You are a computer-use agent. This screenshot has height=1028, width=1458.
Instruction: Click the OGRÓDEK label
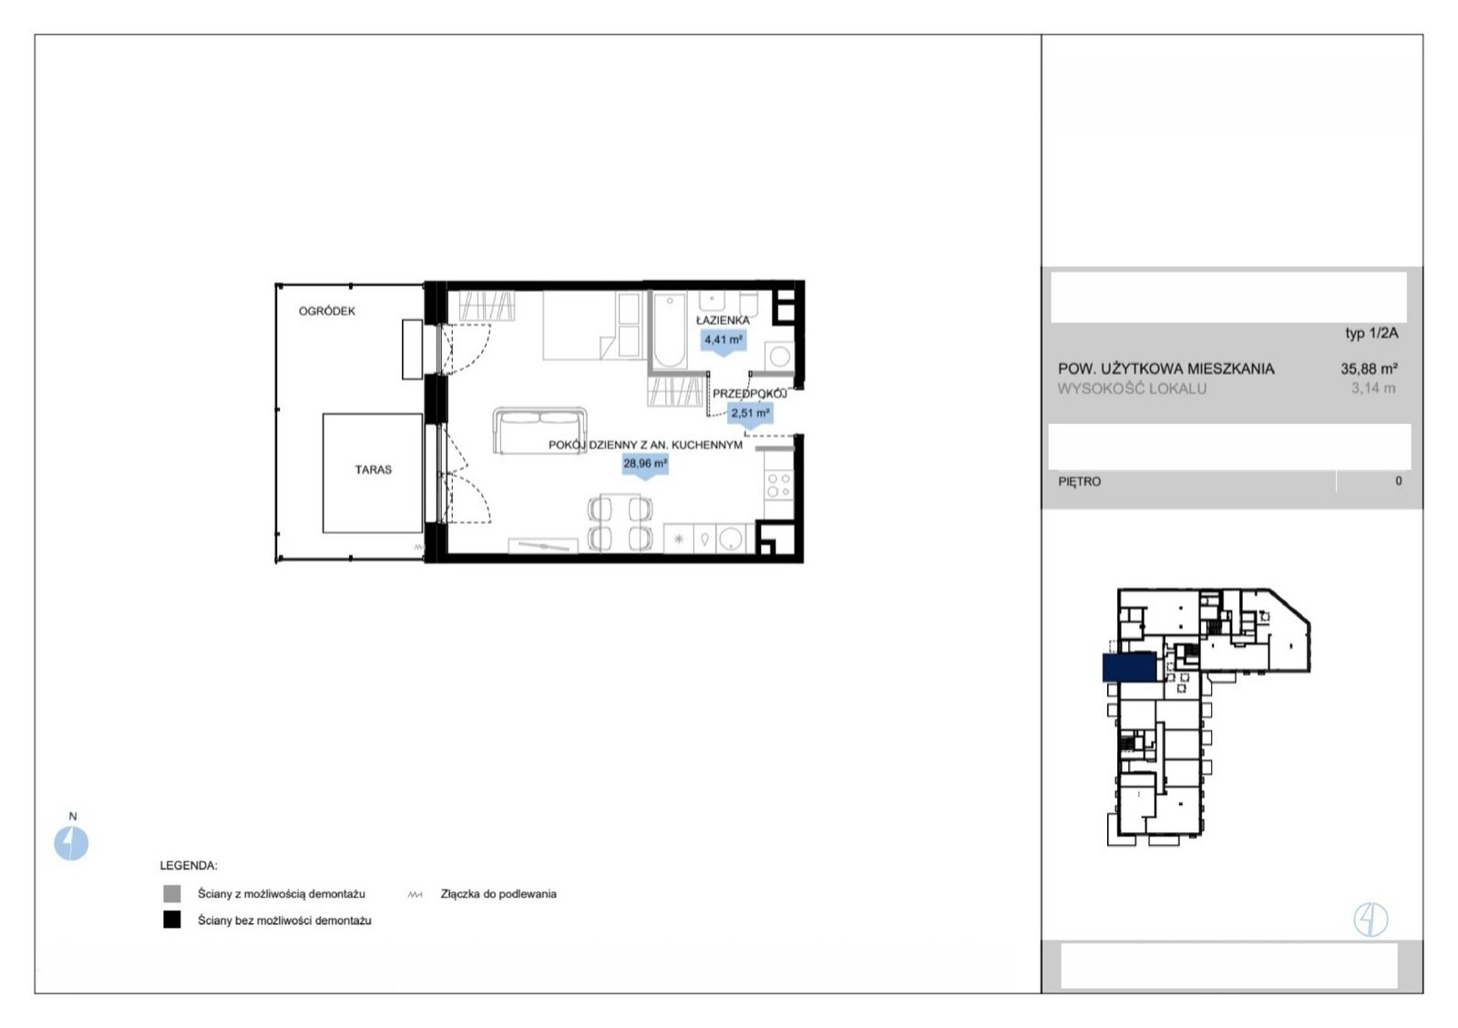pos(327,311)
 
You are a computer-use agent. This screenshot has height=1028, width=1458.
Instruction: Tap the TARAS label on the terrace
pos(373,469)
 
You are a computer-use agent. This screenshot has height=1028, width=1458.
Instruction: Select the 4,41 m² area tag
pos(724,340)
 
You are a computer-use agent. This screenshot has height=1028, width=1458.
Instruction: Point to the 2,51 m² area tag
pos(750,414)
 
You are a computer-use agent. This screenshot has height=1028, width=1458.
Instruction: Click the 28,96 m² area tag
pos(645,464)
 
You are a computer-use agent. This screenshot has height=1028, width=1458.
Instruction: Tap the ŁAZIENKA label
pos(723,320)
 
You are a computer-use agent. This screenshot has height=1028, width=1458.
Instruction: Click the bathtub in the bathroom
pos(670,331)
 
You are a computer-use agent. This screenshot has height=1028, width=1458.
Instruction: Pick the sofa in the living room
pos(539,430)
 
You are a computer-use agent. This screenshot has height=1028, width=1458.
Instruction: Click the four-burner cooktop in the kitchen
pos(778,485)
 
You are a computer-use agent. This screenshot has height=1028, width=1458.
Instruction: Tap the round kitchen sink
pos(730,539)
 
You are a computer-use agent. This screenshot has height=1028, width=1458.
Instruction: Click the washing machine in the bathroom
pos(780,356)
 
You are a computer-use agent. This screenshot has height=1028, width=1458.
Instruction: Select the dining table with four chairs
pos(620,523)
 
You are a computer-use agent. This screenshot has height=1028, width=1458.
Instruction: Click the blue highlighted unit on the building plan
pos(1129,667)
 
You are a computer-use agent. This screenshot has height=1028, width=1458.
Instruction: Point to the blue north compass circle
pos(71,843)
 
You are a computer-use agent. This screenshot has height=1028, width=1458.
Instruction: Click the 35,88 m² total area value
pos(1369,369)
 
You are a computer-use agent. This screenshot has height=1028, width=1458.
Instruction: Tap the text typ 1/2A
pos(1371,334)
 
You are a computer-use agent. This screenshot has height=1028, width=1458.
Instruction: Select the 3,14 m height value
pos(1373,388)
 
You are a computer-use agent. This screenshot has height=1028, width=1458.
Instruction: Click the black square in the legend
pos(172,920)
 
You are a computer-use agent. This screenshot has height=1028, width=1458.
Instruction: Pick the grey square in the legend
pos(172,893)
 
